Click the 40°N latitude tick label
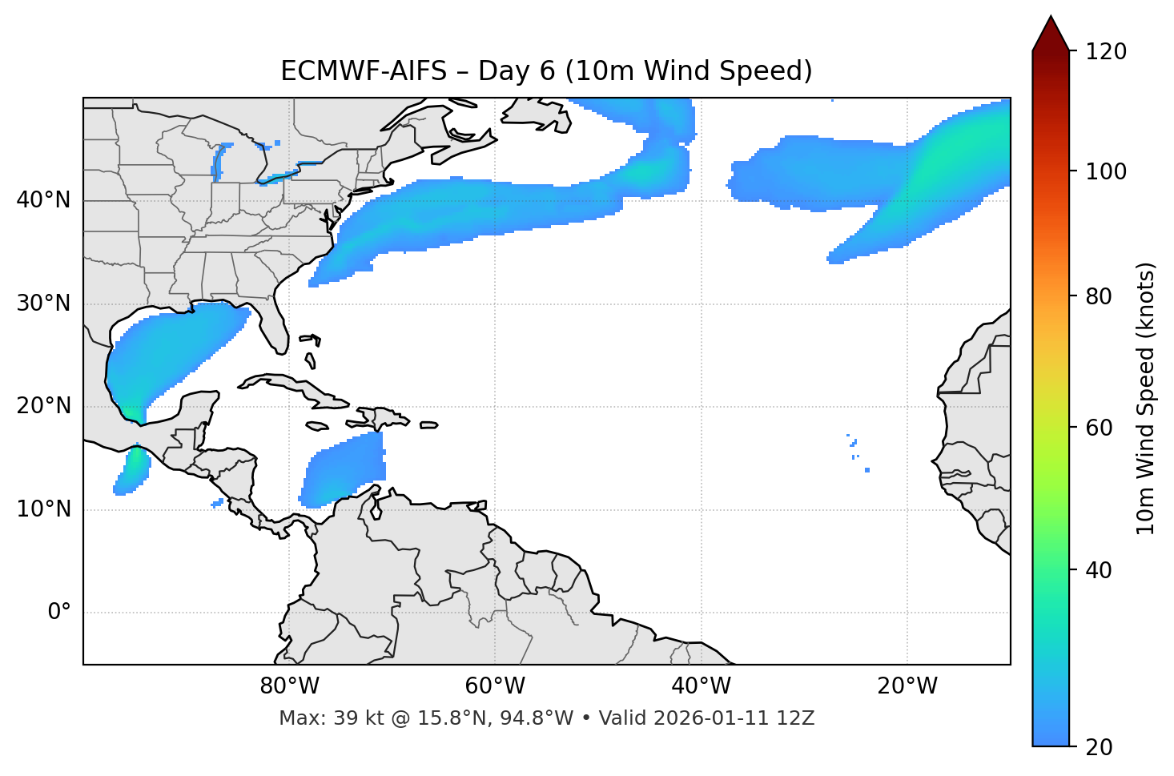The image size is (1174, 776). click(x=43, y=200)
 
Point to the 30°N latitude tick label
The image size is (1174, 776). click(x=43, y=304)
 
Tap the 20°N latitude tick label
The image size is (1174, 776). click(x=43, y=406)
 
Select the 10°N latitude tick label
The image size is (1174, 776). click(x=43, y=509)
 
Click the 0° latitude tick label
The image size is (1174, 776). click(x=59, y=613)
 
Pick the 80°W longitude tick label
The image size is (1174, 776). click(x=289, y=686)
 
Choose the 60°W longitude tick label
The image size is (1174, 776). click(x=495, y=686)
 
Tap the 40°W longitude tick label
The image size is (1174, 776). click(x=701, y=686)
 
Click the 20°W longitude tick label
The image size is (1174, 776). click(x=907, y=686)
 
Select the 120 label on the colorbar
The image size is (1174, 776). click(x=1105, y=52)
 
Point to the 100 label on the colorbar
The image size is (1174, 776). click(x=1105, y=171)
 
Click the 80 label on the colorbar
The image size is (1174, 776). click(x=1100, y=296)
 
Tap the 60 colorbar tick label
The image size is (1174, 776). click(x=1100, y=428)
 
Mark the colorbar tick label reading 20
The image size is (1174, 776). click(x=1100, y=747)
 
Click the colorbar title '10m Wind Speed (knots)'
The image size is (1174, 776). click(x=1146, y=398)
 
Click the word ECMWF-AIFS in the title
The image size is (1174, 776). click(x=364, y=71)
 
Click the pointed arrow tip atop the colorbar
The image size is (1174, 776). click(x=1051, y=19)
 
